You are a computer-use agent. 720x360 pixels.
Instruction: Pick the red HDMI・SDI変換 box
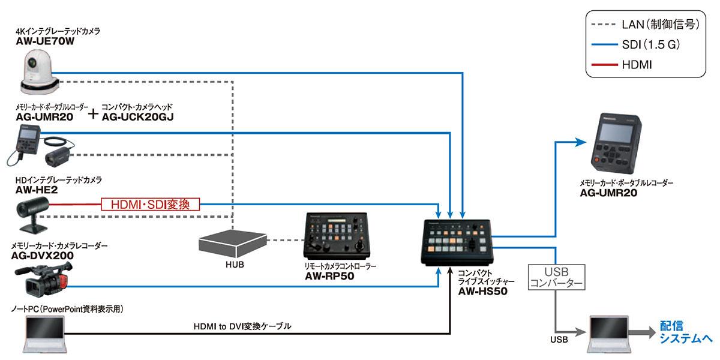coord(151,204)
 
